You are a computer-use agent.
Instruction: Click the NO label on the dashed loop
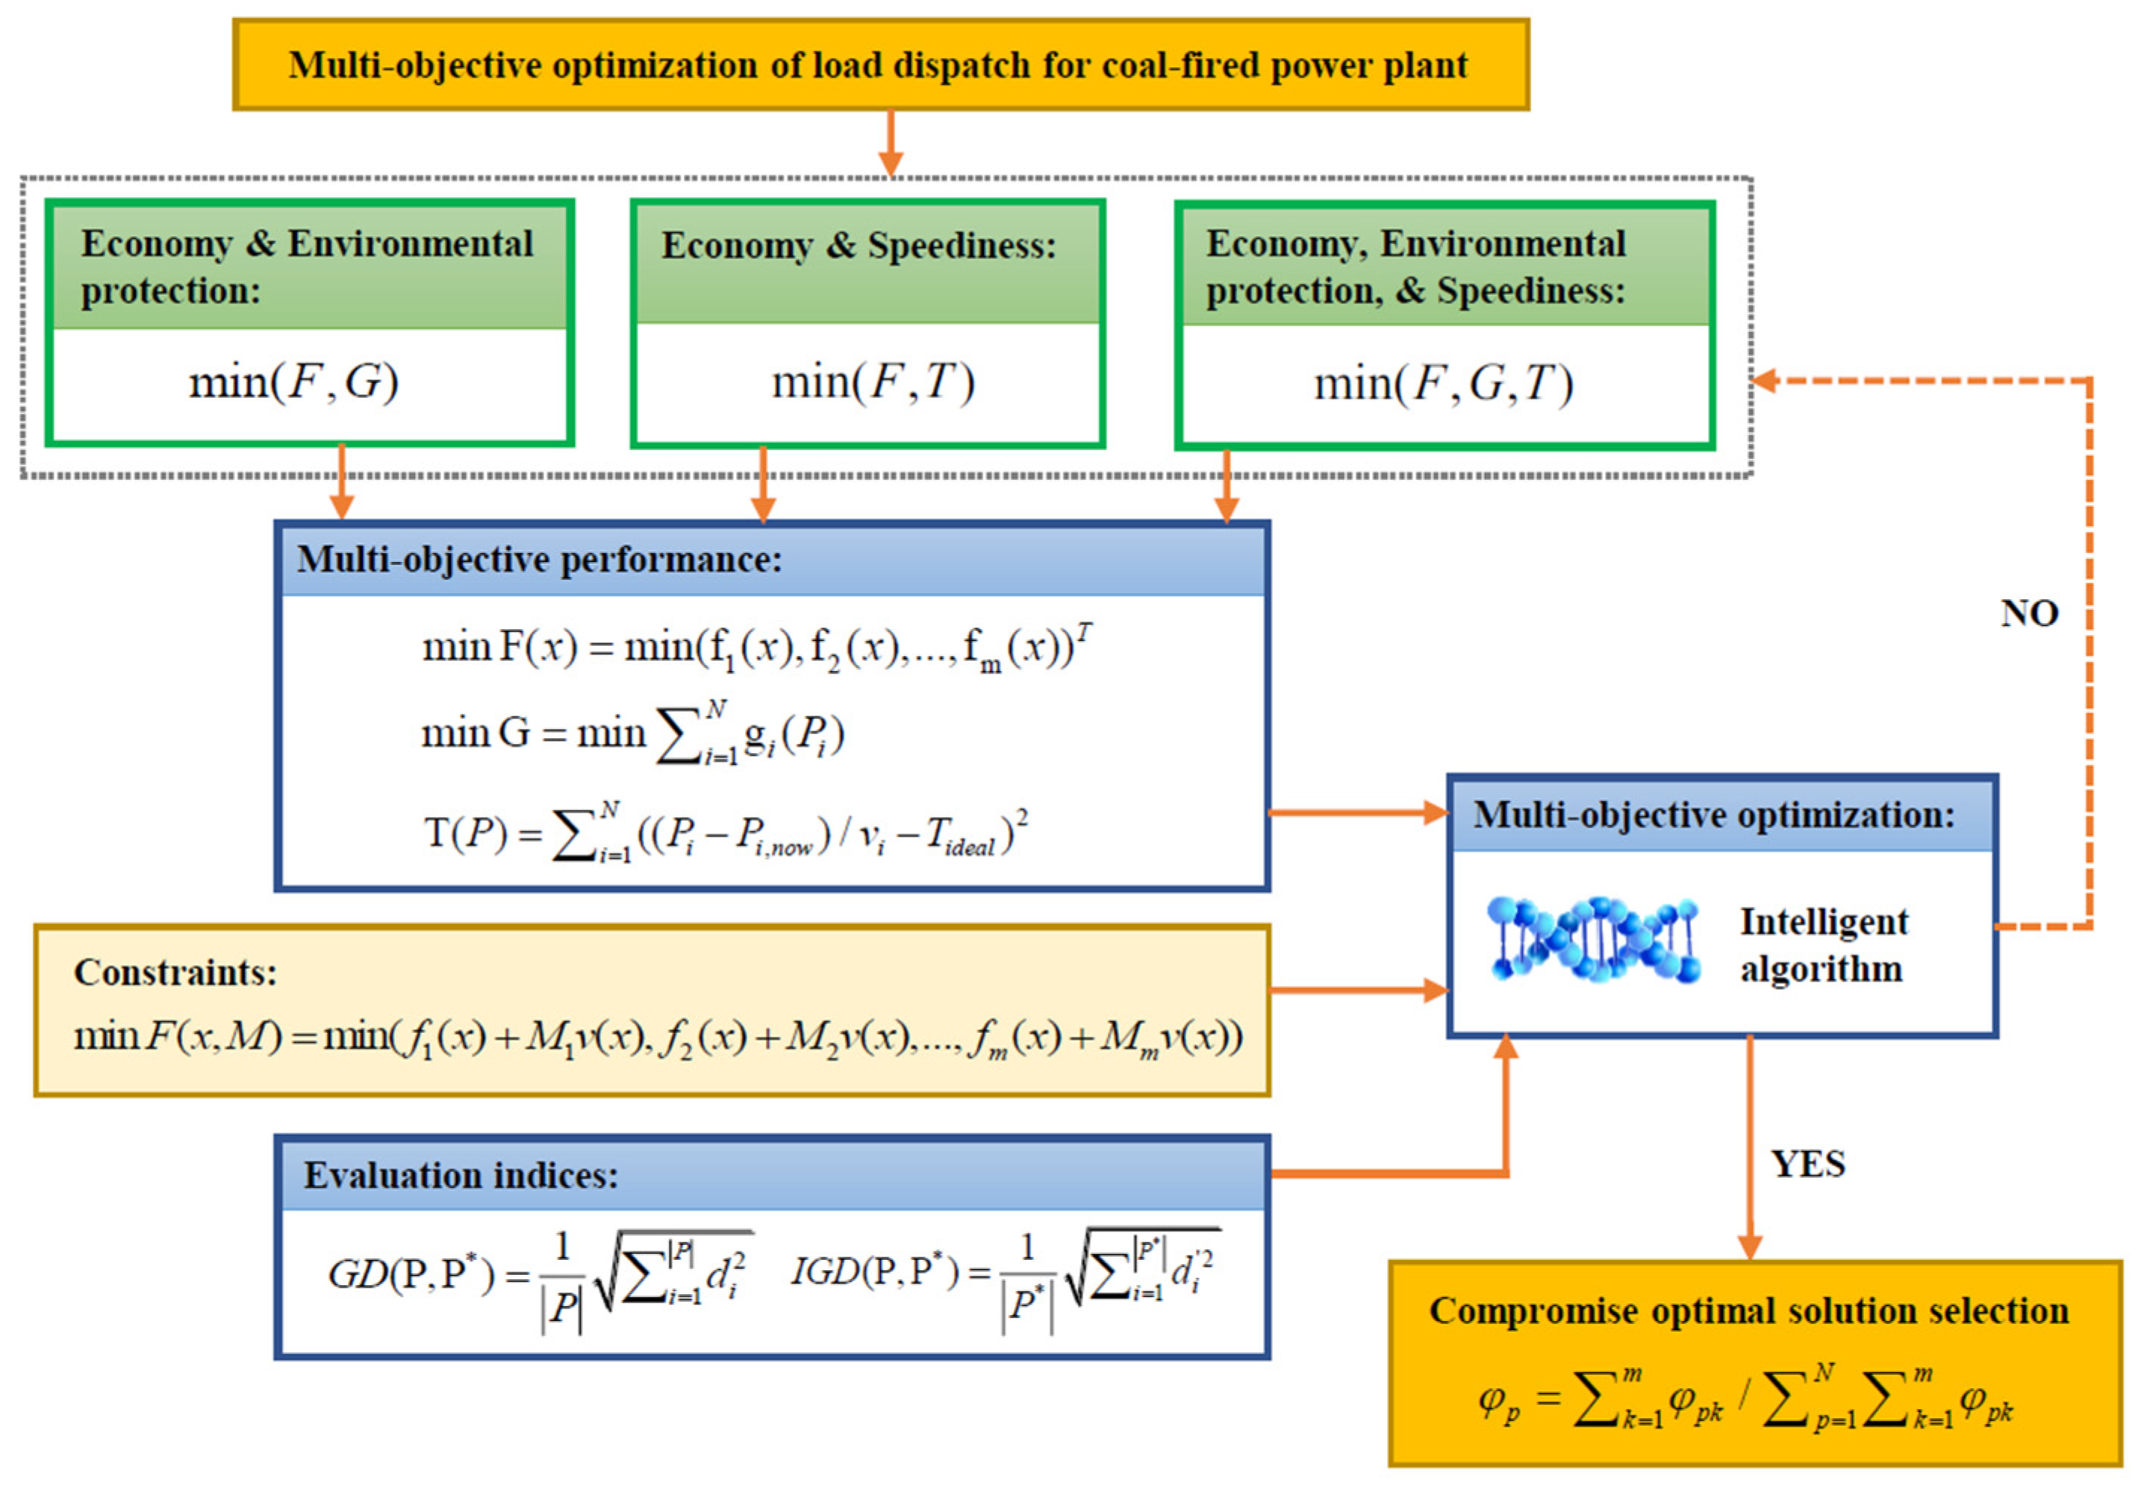(x=2028, y=614)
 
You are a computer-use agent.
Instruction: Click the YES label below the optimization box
(x=1807, y=1164)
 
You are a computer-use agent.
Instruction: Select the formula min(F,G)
(x=294, y=381)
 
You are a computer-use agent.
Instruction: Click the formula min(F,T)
(x=873, y=381)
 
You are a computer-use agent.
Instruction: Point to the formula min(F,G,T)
(x=1443, y=384)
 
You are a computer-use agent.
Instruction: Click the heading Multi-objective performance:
(x=539, y=560)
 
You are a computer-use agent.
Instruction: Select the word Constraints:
(x=175, y=972)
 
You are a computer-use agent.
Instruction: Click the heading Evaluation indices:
(x=461, y=1175)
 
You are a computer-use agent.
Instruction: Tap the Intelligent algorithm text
(x=1823, y=945)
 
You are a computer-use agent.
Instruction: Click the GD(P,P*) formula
(x=537, y=1276)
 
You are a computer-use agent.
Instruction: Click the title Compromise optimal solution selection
(x=1748, y=1311)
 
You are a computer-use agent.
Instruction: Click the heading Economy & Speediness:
(x=858, y=246)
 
